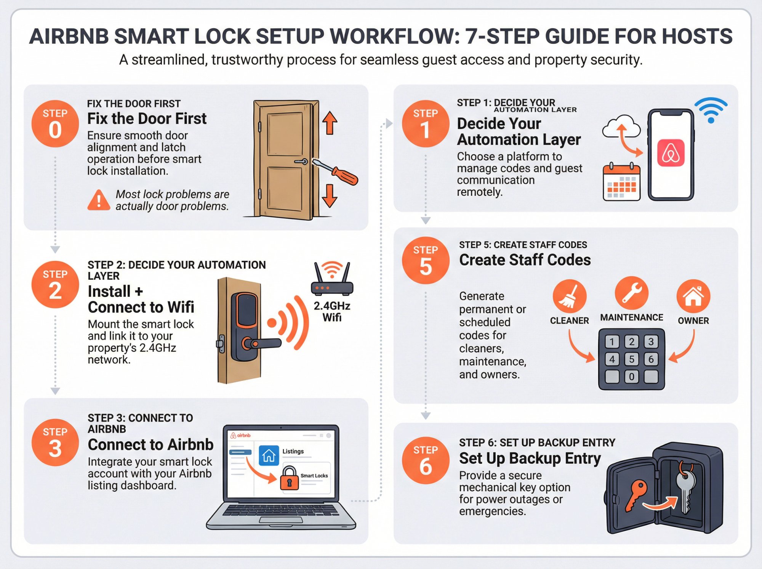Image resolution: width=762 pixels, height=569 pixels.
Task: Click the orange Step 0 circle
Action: click(x=55, y=124)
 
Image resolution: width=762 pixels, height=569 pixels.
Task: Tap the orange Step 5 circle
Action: click(x=426, y=261)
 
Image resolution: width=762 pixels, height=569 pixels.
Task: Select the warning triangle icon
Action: click(x=99, y=200)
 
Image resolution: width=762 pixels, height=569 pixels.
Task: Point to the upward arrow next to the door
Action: click(x=330, y=123)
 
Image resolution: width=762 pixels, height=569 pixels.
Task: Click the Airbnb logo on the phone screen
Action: click(x=671, y=153)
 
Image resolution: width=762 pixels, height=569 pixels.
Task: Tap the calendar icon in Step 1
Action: click(x=621, y=183)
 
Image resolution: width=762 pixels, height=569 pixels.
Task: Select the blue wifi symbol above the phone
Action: click(x=711, y=110)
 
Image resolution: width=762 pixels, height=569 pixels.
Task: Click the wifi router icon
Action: click(x=332, y=279)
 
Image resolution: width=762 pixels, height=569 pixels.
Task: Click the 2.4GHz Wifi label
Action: click(x=332, y=311)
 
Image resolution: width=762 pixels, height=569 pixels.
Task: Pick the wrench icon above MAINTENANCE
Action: click(x=631, y=293)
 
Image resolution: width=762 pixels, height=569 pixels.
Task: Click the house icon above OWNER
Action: click(x=693, y=296)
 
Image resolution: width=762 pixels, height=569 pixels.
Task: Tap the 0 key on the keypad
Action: click(x=631, y=377)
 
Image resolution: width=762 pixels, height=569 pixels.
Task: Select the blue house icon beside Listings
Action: click(x=269, y=455)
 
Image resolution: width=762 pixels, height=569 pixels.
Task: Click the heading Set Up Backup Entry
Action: click(x=530, y=458)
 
